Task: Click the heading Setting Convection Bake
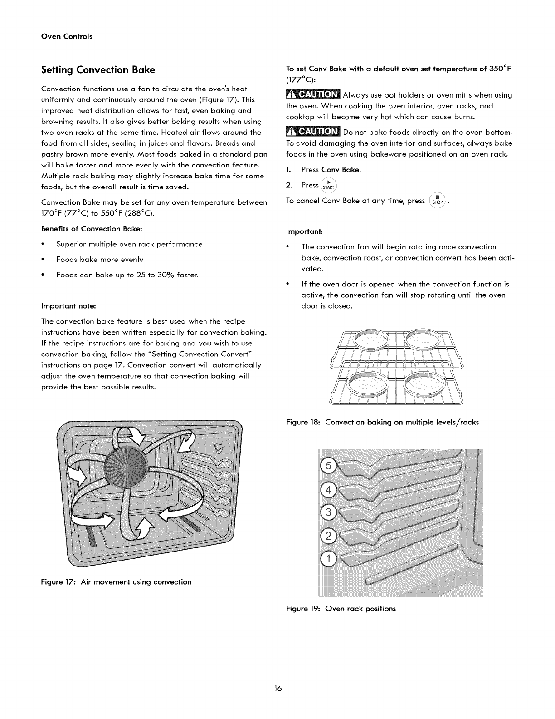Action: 98,70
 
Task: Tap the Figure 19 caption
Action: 341,608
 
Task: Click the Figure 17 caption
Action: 116,582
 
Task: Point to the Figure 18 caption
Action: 382,422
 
